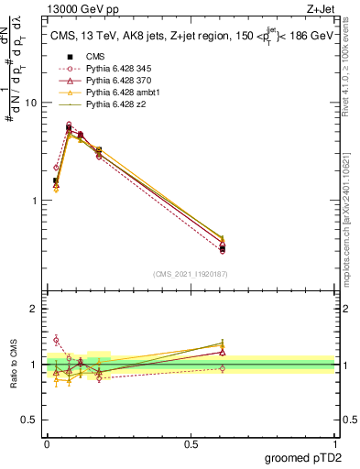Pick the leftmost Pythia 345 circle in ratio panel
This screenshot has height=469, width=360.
56,340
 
